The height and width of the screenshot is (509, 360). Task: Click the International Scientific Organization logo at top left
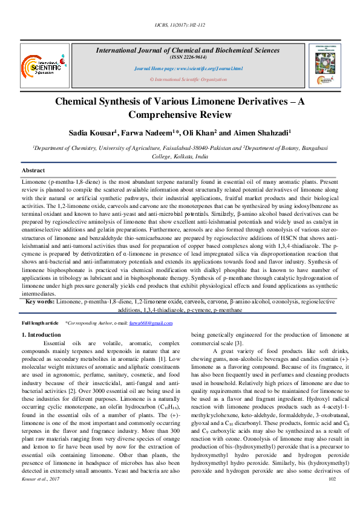click(x=42, y=63)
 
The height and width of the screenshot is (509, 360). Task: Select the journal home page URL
click(x=188, y=69)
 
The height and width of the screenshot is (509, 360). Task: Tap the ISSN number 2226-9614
click(x=188, y=57)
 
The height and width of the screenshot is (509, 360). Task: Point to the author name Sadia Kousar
click(x=93, y=132)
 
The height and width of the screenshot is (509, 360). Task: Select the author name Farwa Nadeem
click(x=148, y=132)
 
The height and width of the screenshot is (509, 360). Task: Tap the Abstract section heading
click(x=33, y=171)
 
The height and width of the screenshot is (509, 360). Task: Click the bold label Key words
click(x=41, y=301)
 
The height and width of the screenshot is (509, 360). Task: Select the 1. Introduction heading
click(x=41, y=334)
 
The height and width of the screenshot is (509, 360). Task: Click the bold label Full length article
click(x=40, y=324)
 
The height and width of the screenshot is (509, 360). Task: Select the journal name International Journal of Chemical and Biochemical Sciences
click(x=188, y=50)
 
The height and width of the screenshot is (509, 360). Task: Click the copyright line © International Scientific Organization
click(x=188, y=79)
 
